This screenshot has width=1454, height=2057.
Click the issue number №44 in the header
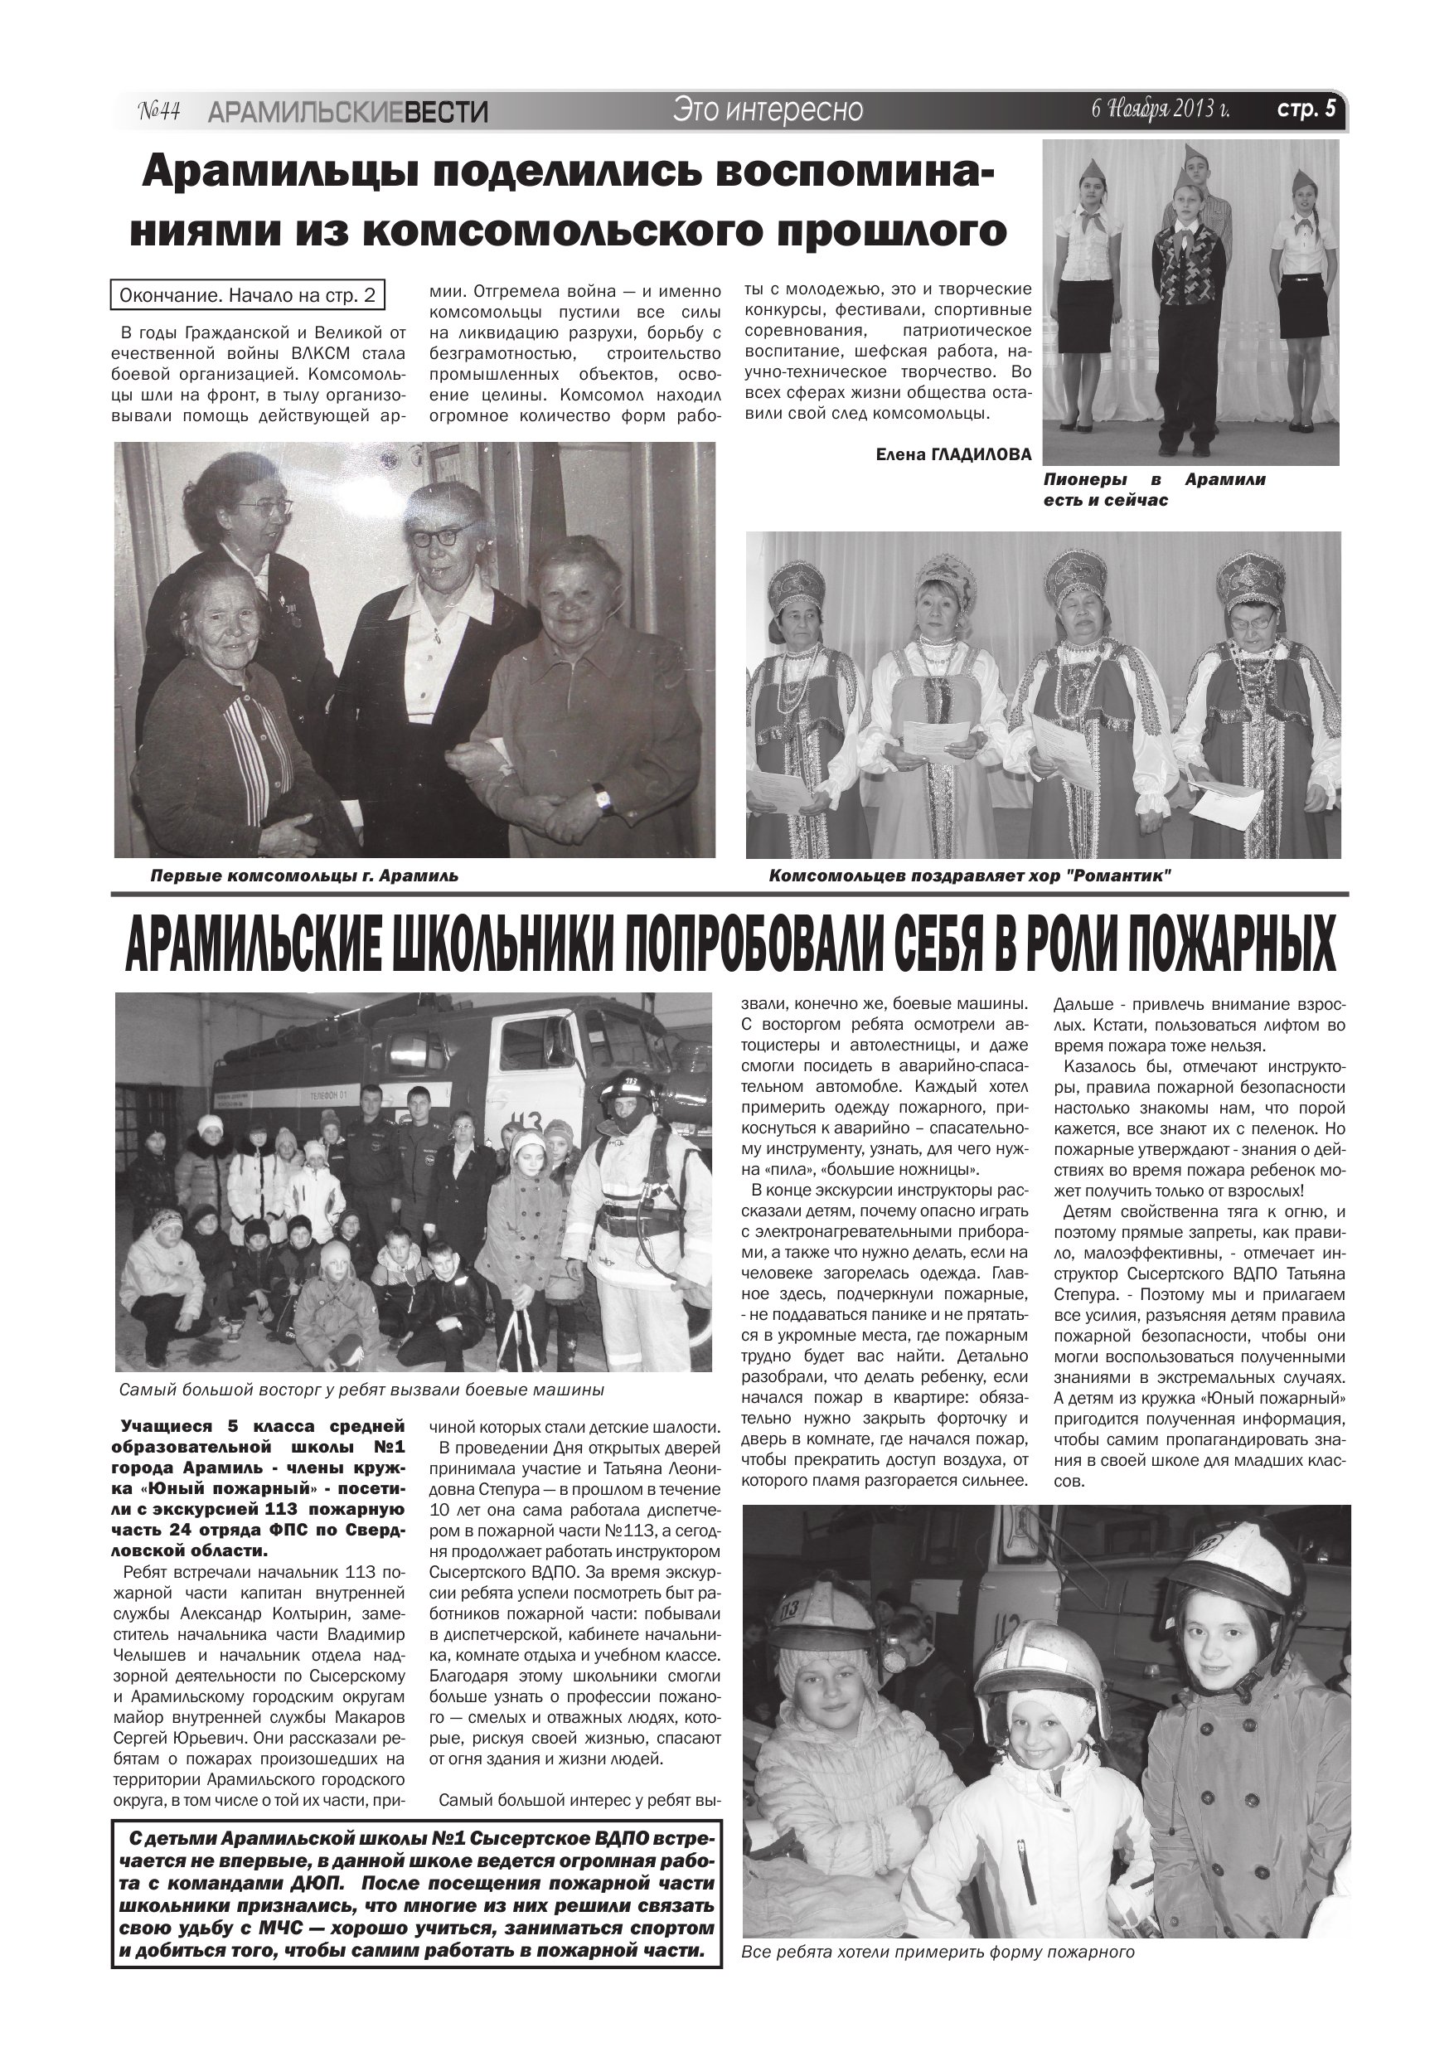159,111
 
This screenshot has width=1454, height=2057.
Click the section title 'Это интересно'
768,109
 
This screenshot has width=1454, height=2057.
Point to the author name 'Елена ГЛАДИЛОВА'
953,454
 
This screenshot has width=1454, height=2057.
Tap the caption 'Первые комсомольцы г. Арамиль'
303,876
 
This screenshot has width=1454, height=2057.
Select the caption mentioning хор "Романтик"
970,876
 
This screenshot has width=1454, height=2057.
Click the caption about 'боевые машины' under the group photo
361,1390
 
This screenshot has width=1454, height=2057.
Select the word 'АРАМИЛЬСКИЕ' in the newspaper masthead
306,112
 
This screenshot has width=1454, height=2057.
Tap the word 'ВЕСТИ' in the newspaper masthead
446,112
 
